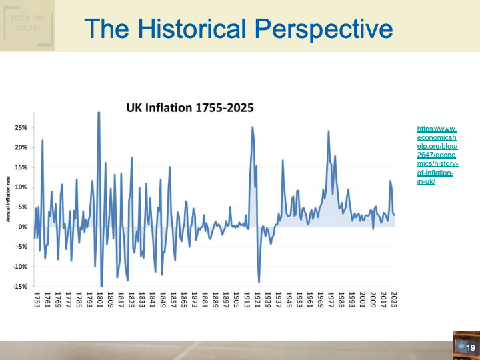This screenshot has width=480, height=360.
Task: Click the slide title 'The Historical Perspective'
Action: coord(239,29)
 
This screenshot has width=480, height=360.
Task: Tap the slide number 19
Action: coord(470,348)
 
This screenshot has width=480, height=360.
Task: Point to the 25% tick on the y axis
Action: coord(20,127)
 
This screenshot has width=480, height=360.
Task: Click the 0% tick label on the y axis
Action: coord(22,227)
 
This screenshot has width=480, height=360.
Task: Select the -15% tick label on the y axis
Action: coord(20,286)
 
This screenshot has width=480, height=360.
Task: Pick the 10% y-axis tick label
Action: coord(20,187)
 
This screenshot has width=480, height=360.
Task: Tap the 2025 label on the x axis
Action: coord(394,298)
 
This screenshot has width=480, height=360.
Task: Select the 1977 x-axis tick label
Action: coord(331,298)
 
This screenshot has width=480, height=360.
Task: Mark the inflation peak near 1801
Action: coord(99,113)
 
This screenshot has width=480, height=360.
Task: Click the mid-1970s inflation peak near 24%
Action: coord(329,131)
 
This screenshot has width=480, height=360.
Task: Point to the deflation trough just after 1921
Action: coord(259,282)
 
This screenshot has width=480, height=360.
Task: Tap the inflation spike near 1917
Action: coord(253,127)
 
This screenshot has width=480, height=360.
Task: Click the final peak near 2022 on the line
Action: coord(391,181)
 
